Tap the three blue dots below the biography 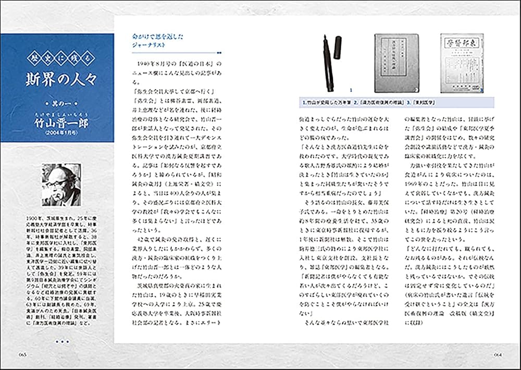coord(61,342)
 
